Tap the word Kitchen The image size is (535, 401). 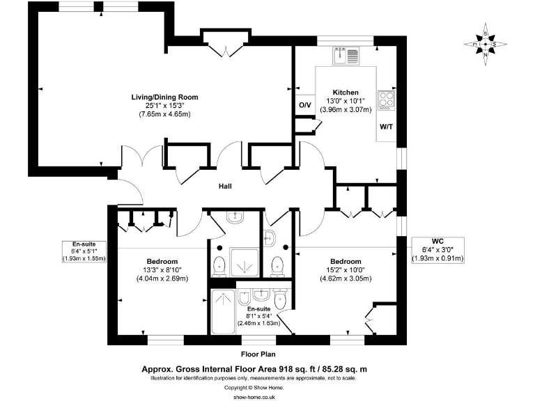point(346,93)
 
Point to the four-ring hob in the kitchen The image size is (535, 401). point(386,101)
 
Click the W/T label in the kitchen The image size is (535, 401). point(385,127)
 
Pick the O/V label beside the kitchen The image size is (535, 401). point(304,105)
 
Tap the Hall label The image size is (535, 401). point(225,186)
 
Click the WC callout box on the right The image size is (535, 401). point(437,250)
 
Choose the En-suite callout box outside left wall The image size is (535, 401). point(84,251)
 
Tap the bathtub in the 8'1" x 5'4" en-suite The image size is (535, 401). point(224,315)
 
